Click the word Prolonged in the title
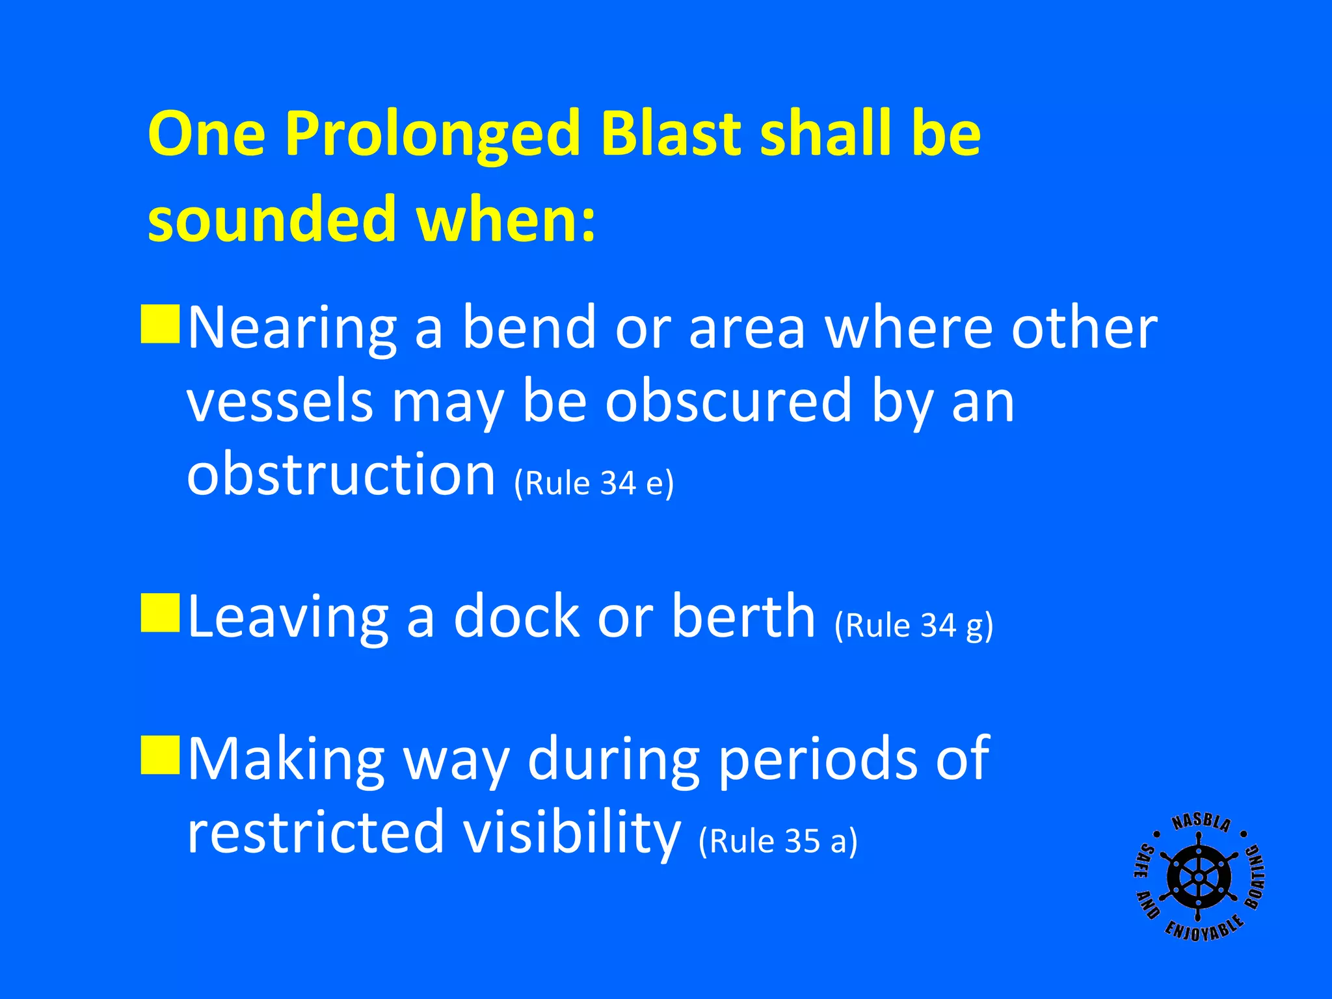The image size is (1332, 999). pos(432,134)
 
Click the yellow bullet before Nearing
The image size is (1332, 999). pos(160,323)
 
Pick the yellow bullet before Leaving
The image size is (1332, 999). pos(160,612)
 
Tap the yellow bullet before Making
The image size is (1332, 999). pos(160,755)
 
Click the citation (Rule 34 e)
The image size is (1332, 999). pos(594,483)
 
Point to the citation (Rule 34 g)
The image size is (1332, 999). pos(914,626)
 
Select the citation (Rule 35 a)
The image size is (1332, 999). pos(778,841)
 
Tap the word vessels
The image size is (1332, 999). pos(280,401)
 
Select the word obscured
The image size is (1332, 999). pos(728,401)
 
